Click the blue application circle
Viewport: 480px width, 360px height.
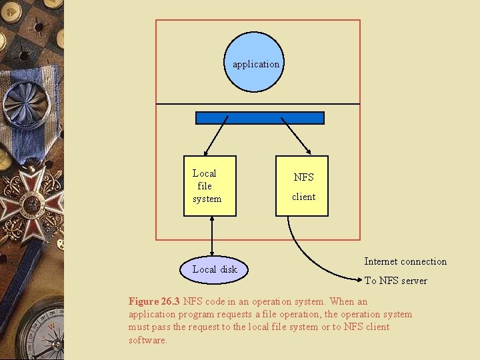coord(254,62)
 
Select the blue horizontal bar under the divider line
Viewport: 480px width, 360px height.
coord(259,118)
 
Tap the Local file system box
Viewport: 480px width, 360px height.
coord(209,186)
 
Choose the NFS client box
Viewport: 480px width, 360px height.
coord(302,186)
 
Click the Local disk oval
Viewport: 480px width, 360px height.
coord(214,269)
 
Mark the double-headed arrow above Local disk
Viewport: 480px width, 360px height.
coord(211,236)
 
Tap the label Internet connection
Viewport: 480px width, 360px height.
coord(405,261)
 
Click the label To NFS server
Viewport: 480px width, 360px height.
coord(396,281)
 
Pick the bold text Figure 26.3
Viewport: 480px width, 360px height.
coord(155,301)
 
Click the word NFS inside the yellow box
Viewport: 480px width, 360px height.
coord(303,177)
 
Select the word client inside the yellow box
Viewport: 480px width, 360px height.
coord(303,197)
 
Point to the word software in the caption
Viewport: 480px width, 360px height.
coord(147,340)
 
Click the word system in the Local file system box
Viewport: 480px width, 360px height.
coord(207,199)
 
